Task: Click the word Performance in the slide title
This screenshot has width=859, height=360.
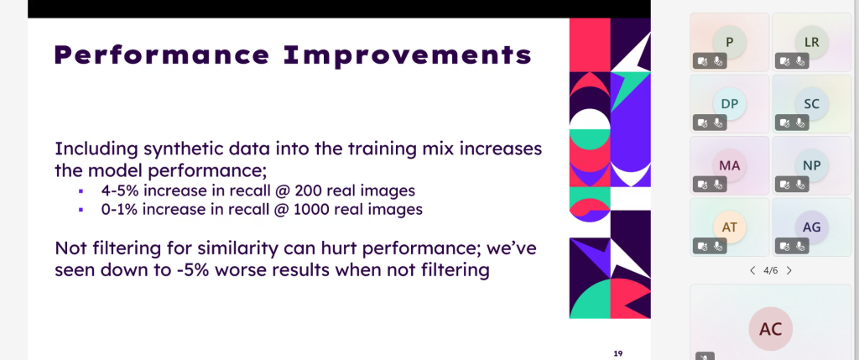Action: coord(163,55)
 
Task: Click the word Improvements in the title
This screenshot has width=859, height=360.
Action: coord(408,55)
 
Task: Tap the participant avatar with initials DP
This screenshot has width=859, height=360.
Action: coord(729,103)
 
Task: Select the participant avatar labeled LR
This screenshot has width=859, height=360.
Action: coord(811,42)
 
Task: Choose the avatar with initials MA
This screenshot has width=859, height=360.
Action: coord(729,165)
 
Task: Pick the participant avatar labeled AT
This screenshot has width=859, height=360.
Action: coord(729,227)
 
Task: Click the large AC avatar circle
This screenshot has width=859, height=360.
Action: coord(770,329)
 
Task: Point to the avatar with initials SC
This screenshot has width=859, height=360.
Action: coord(811,103)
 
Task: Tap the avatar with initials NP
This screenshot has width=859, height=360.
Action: coord(811,165)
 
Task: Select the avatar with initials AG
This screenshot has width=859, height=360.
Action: coord(811,227)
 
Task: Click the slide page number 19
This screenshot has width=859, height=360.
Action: coord(618,353)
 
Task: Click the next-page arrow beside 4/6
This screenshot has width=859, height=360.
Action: coord(789,270)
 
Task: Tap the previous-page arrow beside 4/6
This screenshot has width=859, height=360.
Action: coord(752,270)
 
